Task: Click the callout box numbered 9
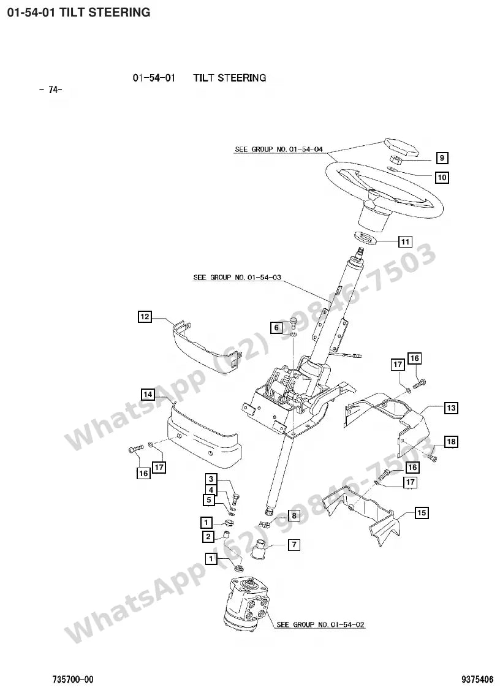click(442, 157)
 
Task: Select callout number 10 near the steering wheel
click(442, 177)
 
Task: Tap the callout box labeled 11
click(405, 241)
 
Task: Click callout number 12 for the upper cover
click(145, 316)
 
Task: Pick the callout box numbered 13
click(451, 408)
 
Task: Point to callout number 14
click(148, 394)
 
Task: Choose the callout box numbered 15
click(422, 513)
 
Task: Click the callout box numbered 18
click(451, 441)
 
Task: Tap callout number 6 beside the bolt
click(276, 327)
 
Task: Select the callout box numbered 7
click(294, 544)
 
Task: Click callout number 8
click(294, 515)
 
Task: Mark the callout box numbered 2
click(208, 536)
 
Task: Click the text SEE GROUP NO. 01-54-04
click(279, 149)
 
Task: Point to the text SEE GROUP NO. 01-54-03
click(237, 277)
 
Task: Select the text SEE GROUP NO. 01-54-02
click(320, 624)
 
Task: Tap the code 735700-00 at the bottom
click(73, 680)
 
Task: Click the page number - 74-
click(51, 89)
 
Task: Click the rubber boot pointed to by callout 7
click(259, 550)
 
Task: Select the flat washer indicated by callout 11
click(365, 238)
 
